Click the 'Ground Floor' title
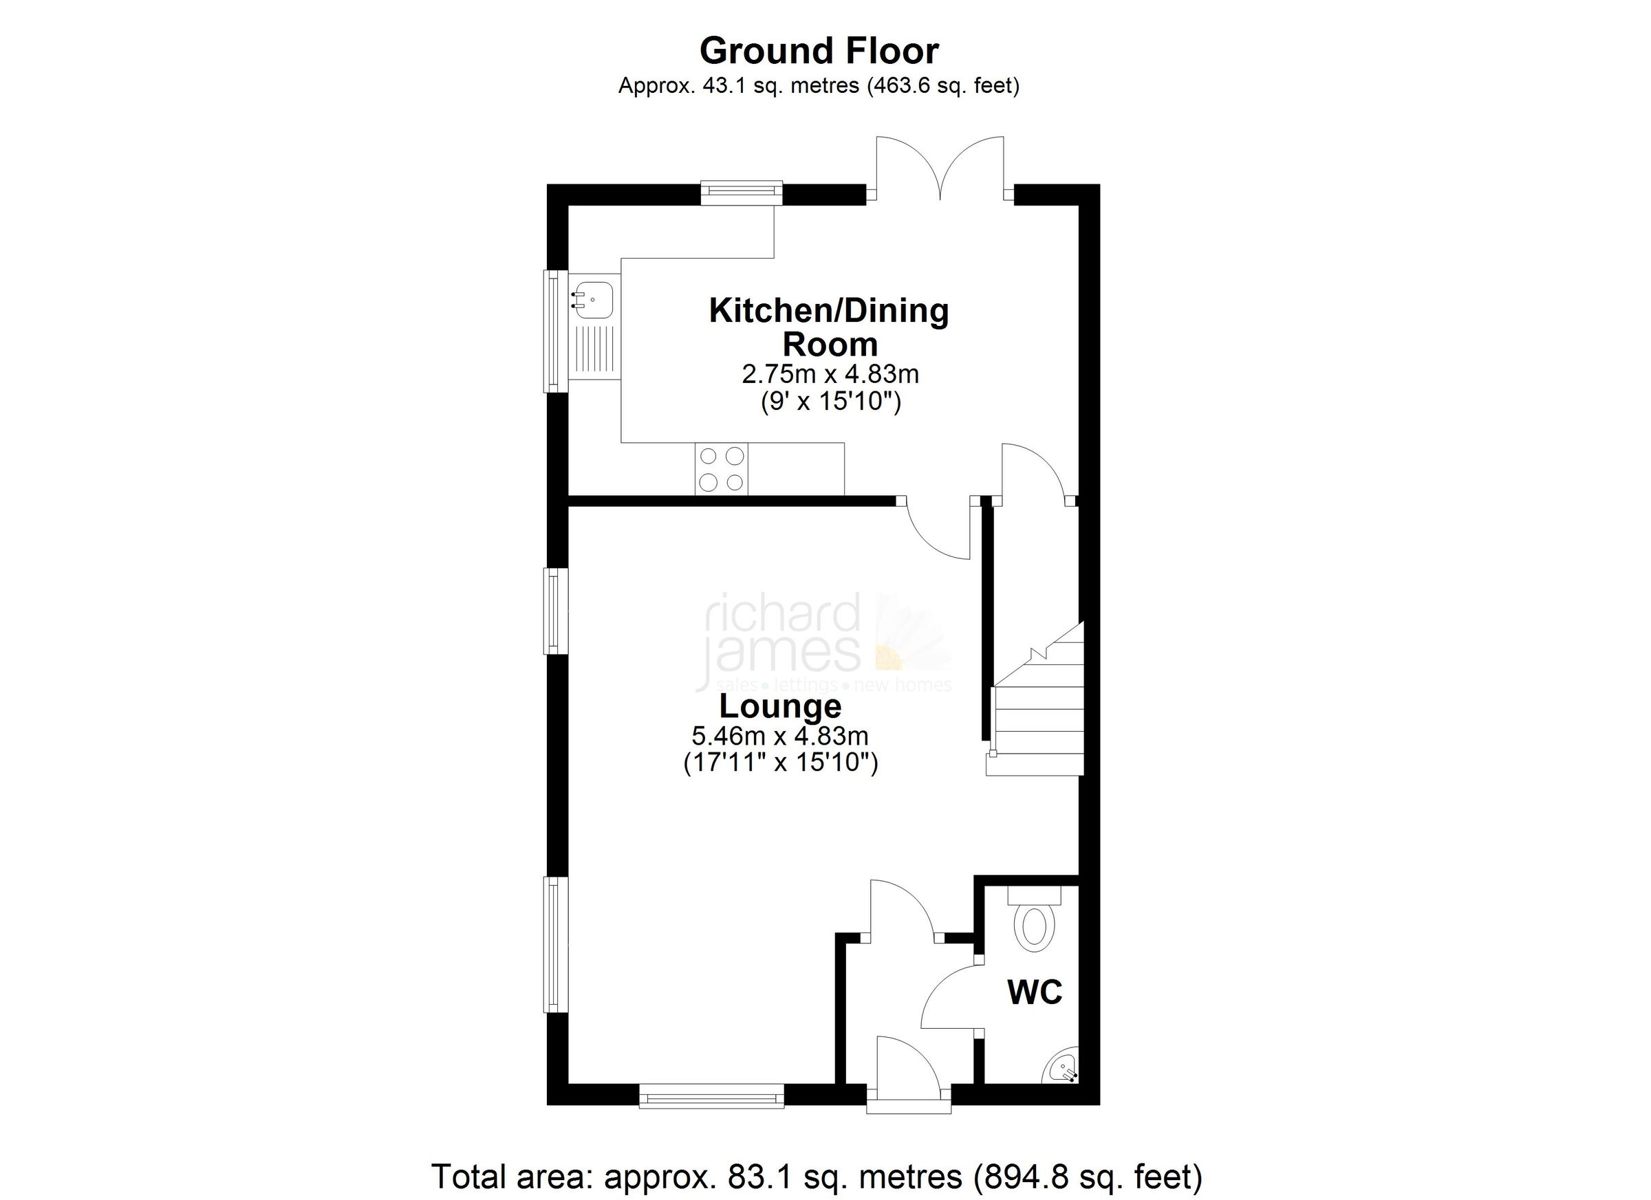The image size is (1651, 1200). [x=819, y=51]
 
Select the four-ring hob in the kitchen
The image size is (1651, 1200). [x=722, y=470]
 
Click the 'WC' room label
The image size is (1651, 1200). [x=1035, y=992]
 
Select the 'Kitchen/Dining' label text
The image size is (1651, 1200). [x=829, y=311]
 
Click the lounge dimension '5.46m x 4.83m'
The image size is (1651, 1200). [x=780, y=737]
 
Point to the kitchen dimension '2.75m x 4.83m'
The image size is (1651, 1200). [x=830, y=374]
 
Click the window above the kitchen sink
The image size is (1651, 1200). [x=556, y=331]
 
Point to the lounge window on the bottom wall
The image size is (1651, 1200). [x=711, y=1097]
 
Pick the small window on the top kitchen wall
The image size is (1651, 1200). [x=741, y=193]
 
